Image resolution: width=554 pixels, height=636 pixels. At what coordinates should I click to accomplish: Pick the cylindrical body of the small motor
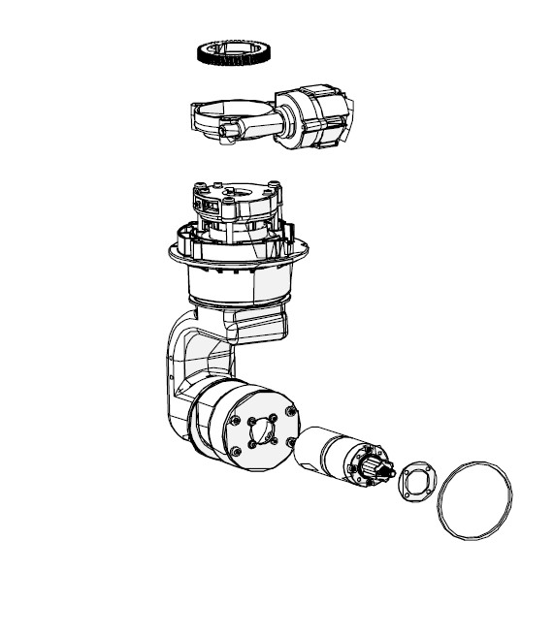[x=324, y=452]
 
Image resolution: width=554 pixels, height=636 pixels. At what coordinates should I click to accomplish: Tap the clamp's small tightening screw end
[x=230, y=130]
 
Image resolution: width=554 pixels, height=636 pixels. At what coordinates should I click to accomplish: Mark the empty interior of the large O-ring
[x=473, y=500]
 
